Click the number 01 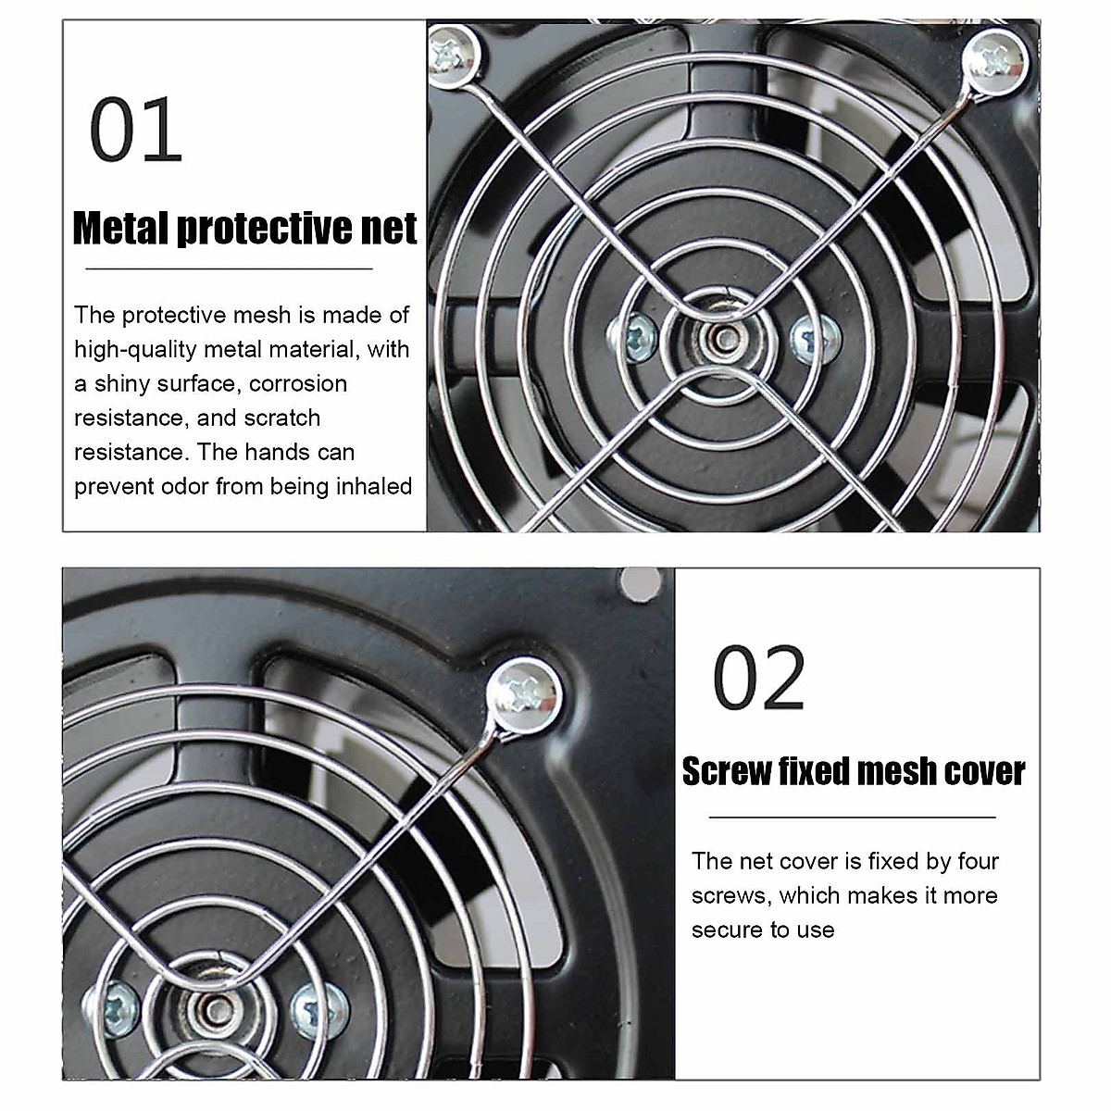click(135, 131)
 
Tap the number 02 click(759, 679)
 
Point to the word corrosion click(298, 383)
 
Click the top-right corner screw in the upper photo click(995, 61)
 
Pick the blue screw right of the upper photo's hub click(815, 335)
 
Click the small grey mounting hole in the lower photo click(641, 582)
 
